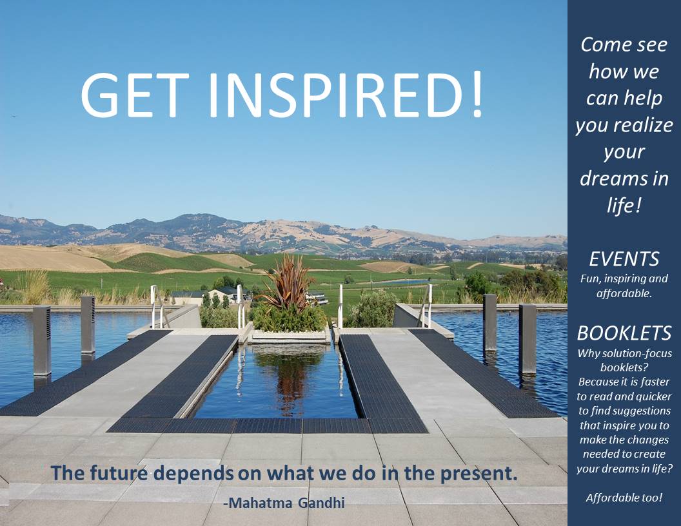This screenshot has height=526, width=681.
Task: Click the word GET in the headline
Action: [x=135, y=95]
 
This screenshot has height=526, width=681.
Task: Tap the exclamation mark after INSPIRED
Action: [x=477, y=93]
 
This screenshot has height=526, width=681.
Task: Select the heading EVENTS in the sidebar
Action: [x=624, y=259]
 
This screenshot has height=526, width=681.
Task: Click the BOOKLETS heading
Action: [x=624, y=333]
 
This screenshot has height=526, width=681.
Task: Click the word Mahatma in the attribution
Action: [x=260, y=503]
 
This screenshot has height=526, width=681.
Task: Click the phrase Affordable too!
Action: [x=624, y=498]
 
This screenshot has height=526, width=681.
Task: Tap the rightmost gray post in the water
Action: [x=528, y=339]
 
